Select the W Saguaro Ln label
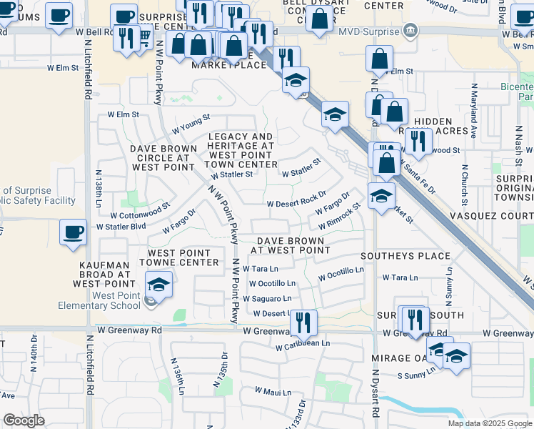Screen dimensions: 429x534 click(270, 298)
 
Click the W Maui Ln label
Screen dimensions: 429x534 click(273, 392)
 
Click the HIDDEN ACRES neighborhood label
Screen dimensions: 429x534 click(443, 127)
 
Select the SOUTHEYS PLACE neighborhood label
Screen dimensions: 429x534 click(405, 256)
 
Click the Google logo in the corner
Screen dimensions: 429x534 click(24, 420)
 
